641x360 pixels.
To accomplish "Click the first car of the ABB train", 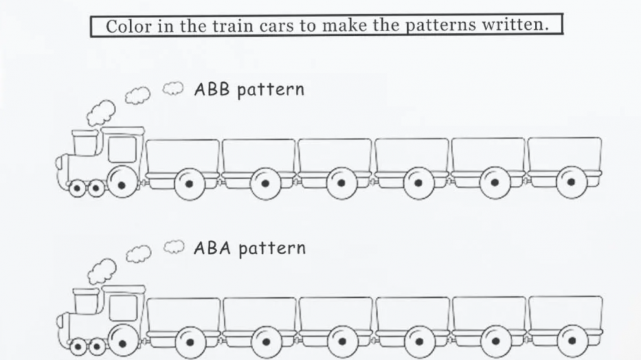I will tap(183, 155).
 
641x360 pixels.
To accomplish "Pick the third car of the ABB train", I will tap(335, 155).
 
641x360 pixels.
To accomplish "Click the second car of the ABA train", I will tap(260, 314).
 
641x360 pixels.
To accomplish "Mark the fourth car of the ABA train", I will tap(412, 314).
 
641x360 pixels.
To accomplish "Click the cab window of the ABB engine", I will tap(121, 150).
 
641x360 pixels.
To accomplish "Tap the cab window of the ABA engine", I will tap(122, 308).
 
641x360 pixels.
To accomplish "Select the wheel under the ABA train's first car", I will tap(190, 341).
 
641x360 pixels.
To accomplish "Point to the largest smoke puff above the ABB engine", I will tap(101, 114).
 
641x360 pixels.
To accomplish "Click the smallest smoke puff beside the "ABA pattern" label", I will tap(171, 245).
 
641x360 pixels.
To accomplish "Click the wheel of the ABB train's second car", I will tap(265, 183).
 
